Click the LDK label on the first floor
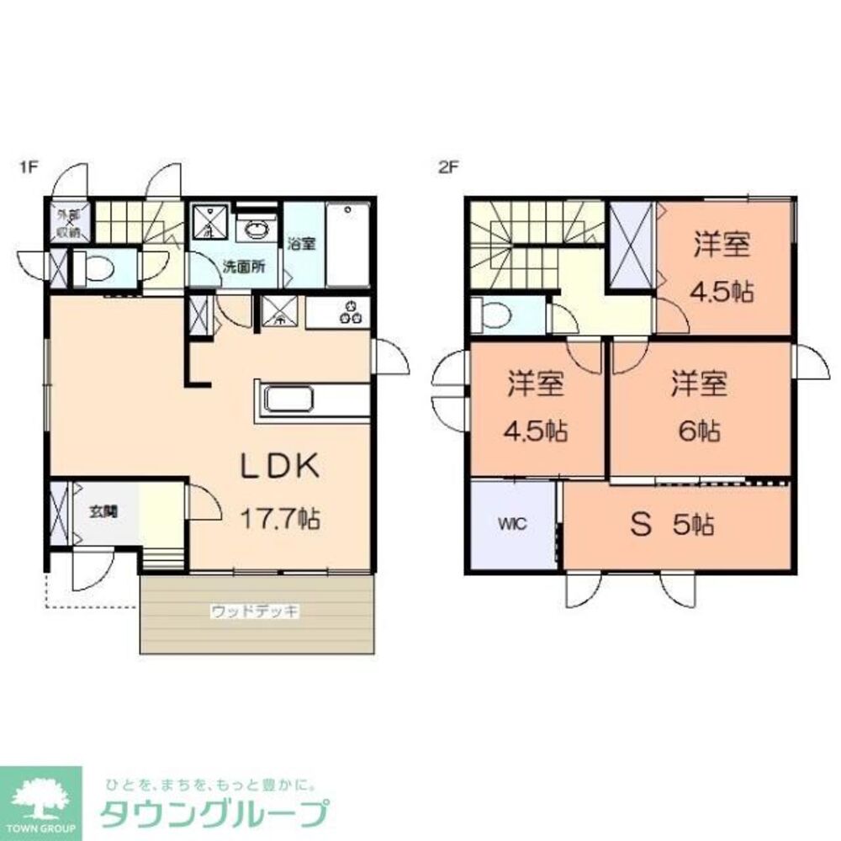tap(281, 467)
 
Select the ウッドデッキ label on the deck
tap(255, 612)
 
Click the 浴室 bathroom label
tap(303, 245)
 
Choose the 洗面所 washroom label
tap(244, 267)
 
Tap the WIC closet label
tap(512, 524)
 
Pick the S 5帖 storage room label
tap(673, 526)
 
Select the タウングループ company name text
tap(214, 815)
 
